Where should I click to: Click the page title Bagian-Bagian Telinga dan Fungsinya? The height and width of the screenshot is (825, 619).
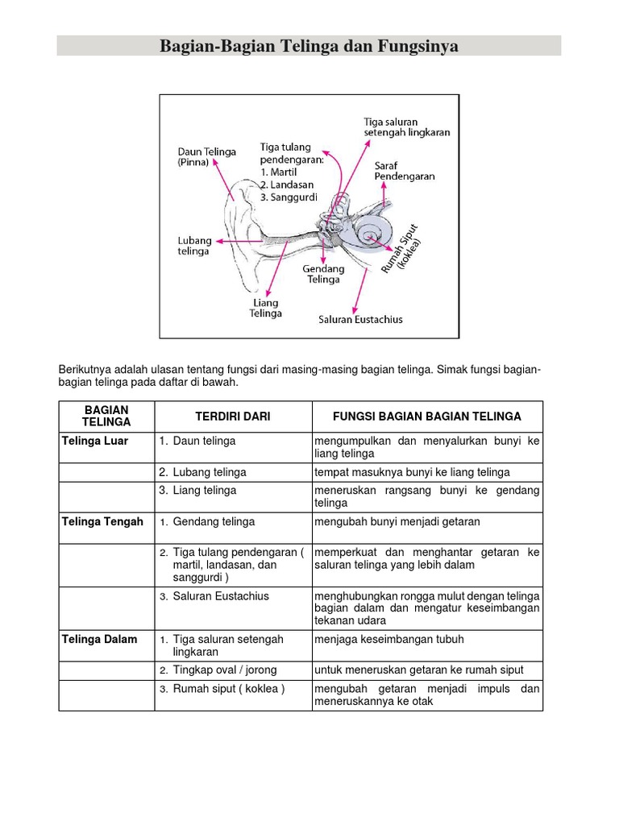[x=309, y=47]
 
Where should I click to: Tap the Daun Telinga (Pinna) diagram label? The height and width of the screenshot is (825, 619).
[x=207, y=156]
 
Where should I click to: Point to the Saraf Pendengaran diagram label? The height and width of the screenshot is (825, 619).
[x=405, y=171]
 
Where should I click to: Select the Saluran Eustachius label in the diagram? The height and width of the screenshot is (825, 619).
[x=360, y=319]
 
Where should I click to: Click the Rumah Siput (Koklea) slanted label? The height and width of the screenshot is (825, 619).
[x=401, y=248]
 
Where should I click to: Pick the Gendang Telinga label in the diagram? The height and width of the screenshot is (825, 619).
[x=323, y=274]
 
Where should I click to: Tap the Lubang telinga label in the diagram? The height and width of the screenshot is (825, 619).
[x=193, y=246]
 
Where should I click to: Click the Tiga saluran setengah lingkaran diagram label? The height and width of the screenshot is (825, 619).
[x=406, y=126]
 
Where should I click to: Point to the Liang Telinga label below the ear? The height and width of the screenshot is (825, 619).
[x=266, y=308]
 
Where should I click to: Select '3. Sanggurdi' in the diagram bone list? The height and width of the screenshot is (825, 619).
[x=289, y=197]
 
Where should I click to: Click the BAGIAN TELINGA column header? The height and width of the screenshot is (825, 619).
[x=106, y=417]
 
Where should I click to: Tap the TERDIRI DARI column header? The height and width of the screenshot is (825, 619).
[x=233, y=417]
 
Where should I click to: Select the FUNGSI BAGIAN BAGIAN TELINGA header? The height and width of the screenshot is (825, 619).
[x=427, y=417]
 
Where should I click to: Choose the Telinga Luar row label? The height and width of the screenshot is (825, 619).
[x=95, y=442]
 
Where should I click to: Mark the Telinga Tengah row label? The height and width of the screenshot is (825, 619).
[x=102, y=522]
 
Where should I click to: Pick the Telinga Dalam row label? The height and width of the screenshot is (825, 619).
[x=100, y=640]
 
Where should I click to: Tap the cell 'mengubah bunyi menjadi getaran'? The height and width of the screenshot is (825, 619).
[x=397, y=522]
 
